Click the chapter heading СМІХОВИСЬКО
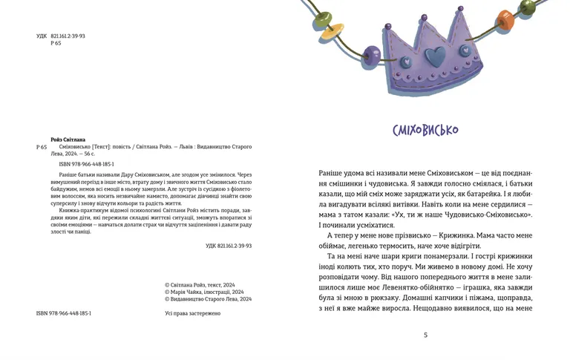[x=425, y=131]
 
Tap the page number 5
[x=425, y=335]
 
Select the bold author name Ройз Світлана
[x=68, y=140]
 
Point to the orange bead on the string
[x=505, y=18]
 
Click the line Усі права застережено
[x=192, y=313]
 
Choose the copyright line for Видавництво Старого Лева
[x=208, y=299]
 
